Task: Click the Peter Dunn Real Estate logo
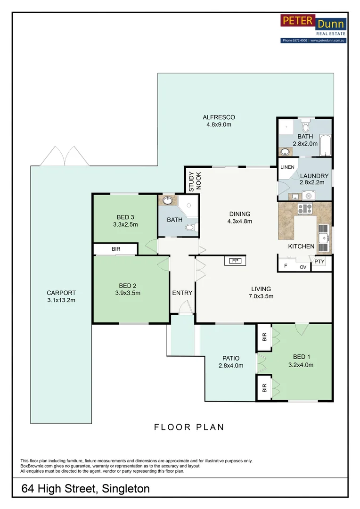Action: [x=313, y=29]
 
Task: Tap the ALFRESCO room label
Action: [x=219, y=117]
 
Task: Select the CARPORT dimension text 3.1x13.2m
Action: [x=61, y=300]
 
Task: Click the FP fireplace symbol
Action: [x=235, y=261]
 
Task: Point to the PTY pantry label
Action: [x=319, y=262]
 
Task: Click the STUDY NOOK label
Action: [x=195, y=181]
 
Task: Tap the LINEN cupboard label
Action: [x=287, y=167]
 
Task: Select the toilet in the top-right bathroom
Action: [x=305, y=124]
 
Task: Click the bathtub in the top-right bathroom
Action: [x=325, y=145]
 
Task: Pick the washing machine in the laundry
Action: [x=308, y=196]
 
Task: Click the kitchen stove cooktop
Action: [x=305, y=208]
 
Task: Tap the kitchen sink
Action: [x=324, y=238]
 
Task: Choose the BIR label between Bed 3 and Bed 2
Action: [x=116, y=249]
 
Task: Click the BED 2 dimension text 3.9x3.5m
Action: [x=128, y=293]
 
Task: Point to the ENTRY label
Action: [x=182, y=293]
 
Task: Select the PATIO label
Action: [x=231, y=358]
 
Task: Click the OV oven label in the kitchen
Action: [x=303, y=267]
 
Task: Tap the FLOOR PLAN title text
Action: [x=189, y=427]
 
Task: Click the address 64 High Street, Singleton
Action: [x=85, y=489]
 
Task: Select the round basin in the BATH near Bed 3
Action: [x=167, y=200]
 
